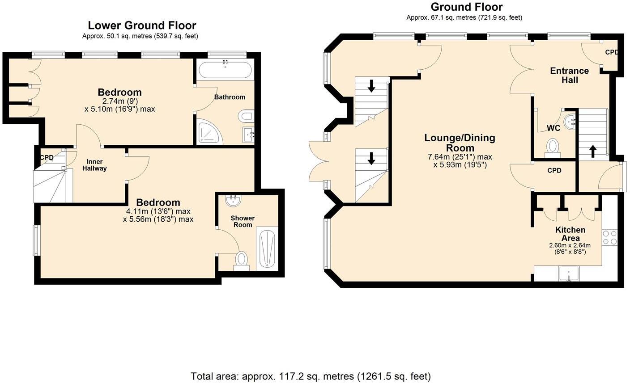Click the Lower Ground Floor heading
(x=142, y=25)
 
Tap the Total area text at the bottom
(x=311, y=376)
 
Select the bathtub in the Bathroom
(x=225, y=70)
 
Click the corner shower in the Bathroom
(x=209, y=132)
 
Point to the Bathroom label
(x=230, y=97)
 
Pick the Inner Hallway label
(x=94, y=165)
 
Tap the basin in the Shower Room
(x=233, y=201)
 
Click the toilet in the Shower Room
(x=241, y=259)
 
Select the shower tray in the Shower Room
(x=267, y=248)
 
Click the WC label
(x=553, y=128)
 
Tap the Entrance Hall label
(x=569, y=76)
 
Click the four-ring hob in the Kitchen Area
(x=609, y=237)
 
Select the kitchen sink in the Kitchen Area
(x=568, y=274)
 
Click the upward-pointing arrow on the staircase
(x=593, y=151)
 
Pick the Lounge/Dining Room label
(x=460, y=143)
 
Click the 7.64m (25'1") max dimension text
(x=460, y=157)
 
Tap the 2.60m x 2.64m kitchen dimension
(x=570, y=245)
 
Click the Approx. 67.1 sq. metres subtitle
(x=464, y=18)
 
